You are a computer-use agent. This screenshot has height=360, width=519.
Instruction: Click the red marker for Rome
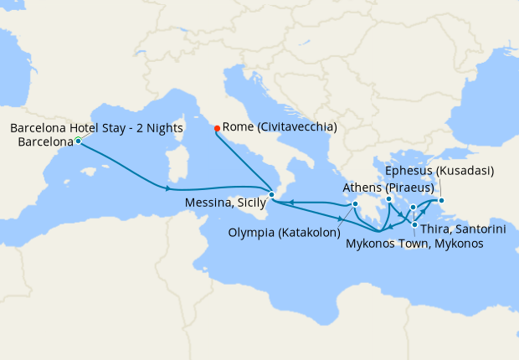tap(217, 128)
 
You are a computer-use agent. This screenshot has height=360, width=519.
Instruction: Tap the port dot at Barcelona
tap(78, 141)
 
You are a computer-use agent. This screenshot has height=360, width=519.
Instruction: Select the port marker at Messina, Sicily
tap(271, 195)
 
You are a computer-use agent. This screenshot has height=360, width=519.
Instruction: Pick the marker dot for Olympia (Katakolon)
tap(356, 203)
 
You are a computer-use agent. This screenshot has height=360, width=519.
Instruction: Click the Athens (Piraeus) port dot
tap(389, 199)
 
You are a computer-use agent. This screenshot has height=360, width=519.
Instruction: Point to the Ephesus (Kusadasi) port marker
tap(442, 200)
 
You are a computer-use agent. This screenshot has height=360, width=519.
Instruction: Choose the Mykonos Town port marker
tap(413, 207)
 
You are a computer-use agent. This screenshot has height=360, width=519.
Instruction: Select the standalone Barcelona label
tap(44, 141)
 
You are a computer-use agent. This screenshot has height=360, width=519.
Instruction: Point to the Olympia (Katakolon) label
tap(285, 226)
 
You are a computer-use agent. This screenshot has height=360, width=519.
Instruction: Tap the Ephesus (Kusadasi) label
tap(439, 171)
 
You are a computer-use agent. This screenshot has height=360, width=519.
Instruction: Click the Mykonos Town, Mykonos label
tap(414, 244)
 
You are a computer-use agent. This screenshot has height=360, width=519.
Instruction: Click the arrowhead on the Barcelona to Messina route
tap(170, 188)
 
